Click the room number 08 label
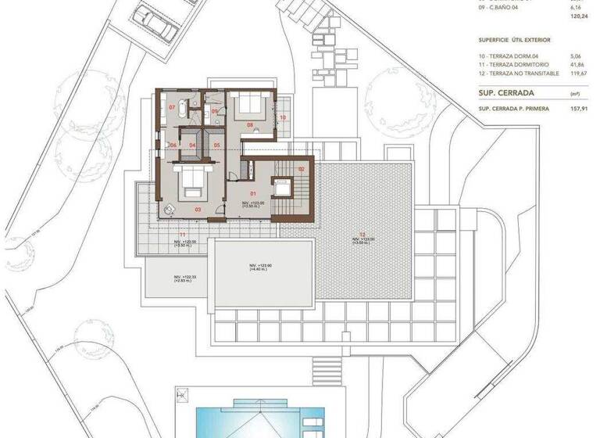(251, 124)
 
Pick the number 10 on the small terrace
(284, 117)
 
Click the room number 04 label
(191, 145)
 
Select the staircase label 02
(302, 168)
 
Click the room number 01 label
(252, 192)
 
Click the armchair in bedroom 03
(170, 207)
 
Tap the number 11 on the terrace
(181, 234)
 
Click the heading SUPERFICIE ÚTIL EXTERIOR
(515, 38)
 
